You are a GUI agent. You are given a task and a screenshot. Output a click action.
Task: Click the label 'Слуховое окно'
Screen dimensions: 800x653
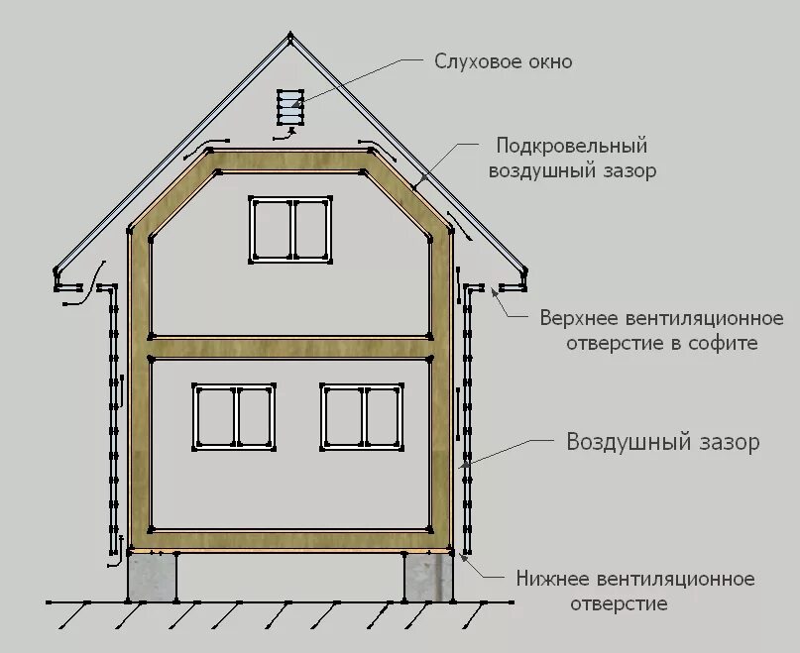(x=503, y=61)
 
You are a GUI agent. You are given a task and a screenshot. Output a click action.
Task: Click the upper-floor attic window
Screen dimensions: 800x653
(x=289, y=229)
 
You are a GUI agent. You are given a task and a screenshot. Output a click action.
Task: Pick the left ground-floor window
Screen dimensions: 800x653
(x=234, y=416)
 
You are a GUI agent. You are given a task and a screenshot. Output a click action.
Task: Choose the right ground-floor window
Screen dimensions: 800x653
(x=363, y=416)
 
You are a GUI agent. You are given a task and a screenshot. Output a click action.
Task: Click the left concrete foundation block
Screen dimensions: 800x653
(x=152, y=576)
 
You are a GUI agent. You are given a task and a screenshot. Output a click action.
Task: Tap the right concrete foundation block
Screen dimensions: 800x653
(x=429, y=576)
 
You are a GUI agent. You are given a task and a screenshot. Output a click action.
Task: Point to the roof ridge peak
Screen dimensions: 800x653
(x=289, y=37)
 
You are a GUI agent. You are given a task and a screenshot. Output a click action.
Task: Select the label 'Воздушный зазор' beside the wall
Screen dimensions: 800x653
(x=662, y=442)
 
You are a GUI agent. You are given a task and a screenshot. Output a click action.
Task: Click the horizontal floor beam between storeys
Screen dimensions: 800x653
(x=289, y=346)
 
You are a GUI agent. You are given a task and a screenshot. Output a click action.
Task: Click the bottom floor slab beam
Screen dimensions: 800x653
(x=289, y=539)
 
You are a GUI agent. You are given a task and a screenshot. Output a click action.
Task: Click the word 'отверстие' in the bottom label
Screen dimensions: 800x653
(x=617, y=602)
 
